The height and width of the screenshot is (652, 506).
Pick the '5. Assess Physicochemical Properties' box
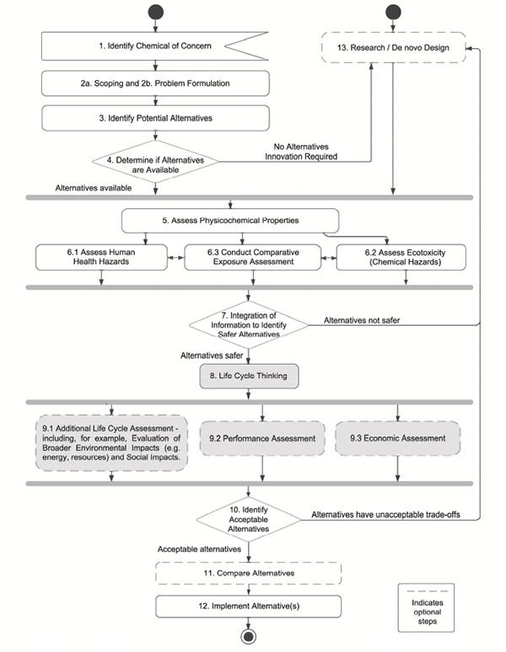point(230,221)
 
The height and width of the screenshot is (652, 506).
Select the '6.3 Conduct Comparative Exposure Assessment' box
point(253,257)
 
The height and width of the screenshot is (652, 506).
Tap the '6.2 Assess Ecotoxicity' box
point(401,257)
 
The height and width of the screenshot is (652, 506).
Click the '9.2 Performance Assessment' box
point(262,439)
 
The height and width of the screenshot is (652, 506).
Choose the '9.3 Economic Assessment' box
point(397,439)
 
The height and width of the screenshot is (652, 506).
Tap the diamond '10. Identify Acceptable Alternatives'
point(247,519)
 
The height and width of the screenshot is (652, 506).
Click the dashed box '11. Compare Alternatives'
point(248,574)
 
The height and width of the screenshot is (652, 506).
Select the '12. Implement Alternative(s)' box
point(248,607)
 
